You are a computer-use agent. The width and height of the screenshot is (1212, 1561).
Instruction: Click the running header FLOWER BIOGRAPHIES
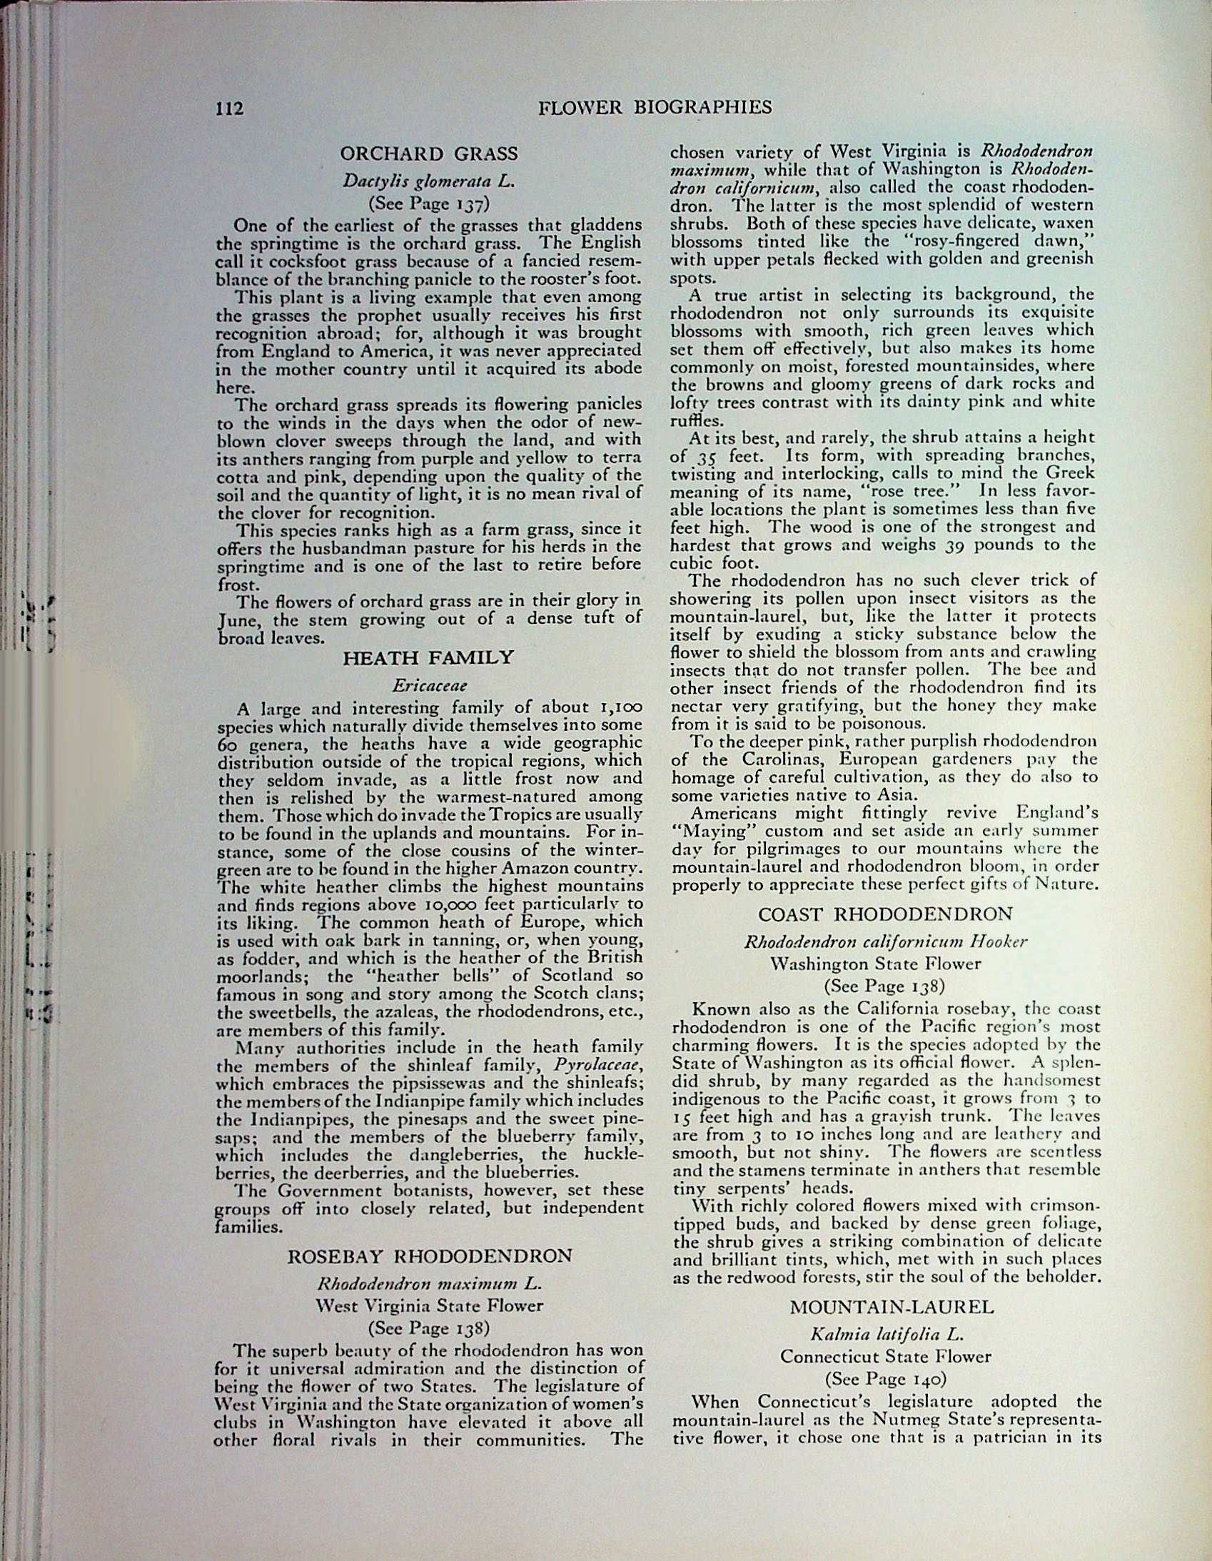(655, 107)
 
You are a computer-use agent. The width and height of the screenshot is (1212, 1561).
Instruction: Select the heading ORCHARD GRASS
(429, 153)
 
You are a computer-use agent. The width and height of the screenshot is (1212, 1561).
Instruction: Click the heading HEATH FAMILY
(429, 657)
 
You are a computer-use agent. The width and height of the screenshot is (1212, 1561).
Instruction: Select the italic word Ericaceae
(430, 685)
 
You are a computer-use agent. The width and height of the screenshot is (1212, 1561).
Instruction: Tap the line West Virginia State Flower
(430, 1306)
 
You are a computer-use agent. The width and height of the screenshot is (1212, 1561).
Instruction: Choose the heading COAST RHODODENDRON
(885, 914)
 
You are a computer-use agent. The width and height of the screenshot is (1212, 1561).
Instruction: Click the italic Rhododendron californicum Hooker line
(885, 941)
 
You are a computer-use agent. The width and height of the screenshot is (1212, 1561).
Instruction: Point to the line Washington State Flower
(885, 964)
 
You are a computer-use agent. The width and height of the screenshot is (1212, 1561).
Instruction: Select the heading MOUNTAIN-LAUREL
(892, 1307)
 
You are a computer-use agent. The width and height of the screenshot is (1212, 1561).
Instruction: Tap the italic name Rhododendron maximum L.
(430, 1283)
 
